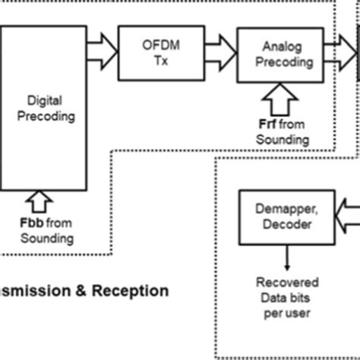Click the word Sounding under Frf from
click(281, 140)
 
